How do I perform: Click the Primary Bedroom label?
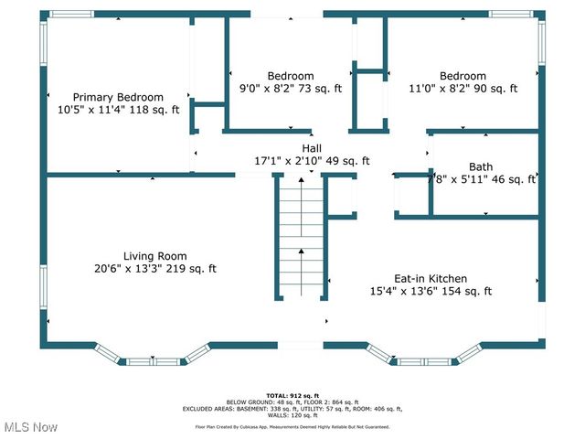pyautogui.click(x=118, y=97)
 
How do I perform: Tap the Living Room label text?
pyautogui.click(x=155, y=256)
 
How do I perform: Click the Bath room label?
pyautogui.click(x=481, y=166)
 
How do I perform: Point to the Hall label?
pyautogui.click(x=312, y=147)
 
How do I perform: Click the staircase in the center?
pyautogui.click(x=301, y=238)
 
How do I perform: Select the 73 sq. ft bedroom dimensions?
pyautogui.click(x=290, y=89)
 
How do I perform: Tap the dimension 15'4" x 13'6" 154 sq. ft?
pyautogui.click(x=430, y=292)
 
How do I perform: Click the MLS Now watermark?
pyautogui.click(x=30, y=427)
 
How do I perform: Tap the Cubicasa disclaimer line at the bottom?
pyautogui.click(x=292, y=425)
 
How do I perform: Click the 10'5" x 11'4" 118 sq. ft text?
pyautogui.click(x=118, y=110)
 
